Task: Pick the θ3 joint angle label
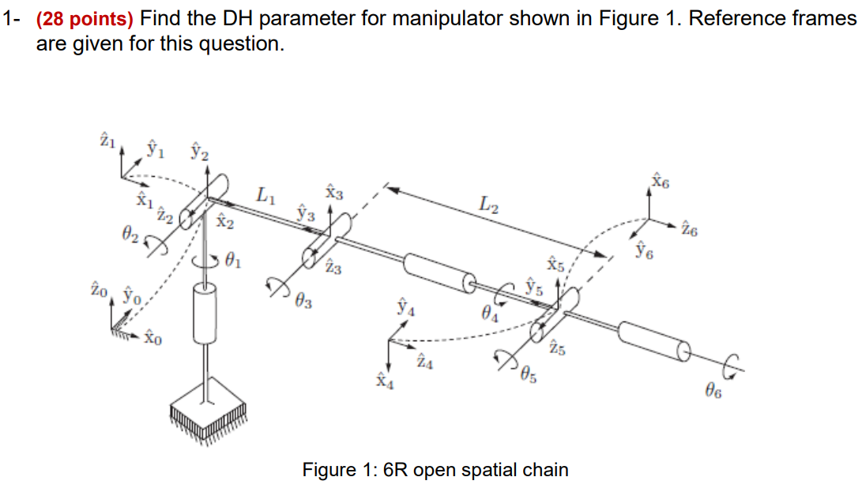click(303, 300)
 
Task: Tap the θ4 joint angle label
click(490, 314)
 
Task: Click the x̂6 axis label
click(660, 182)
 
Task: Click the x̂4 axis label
click(385, 383)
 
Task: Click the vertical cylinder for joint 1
click(205, 314)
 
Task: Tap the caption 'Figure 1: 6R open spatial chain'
click(435, 470)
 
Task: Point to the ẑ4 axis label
click(424, 362)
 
